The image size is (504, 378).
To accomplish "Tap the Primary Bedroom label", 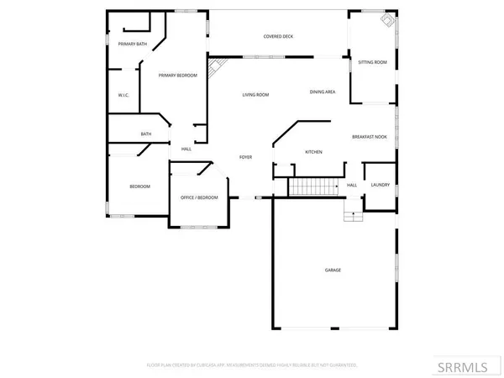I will tap(180, 76).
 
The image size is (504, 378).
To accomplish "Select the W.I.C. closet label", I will tap(123, 95).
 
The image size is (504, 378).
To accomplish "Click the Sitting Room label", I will tap(372, 62).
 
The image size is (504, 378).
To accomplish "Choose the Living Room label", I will tap(255, 95).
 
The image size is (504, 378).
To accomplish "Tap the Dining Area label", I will tap(323, 92).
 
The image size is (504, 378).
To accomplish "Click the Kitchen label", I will tap(313, 152).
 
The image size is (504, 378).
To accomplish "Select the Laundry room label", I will tap(379, 185).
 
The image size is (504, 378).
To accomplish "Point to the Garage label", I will tap(333, 270).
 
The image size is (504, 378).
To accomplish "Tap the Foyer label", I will tap(245, 157).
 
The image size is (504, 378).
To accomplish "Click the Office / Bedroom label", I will tap(199, 197).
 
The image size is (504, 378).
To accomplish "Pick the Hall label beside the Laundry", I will tap(352, 185).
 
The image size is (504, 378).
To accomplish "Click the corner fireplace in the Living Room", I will tap(217, 66).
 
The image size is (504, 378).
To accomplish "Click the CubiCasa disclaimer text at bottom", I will tap(252, 365).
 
